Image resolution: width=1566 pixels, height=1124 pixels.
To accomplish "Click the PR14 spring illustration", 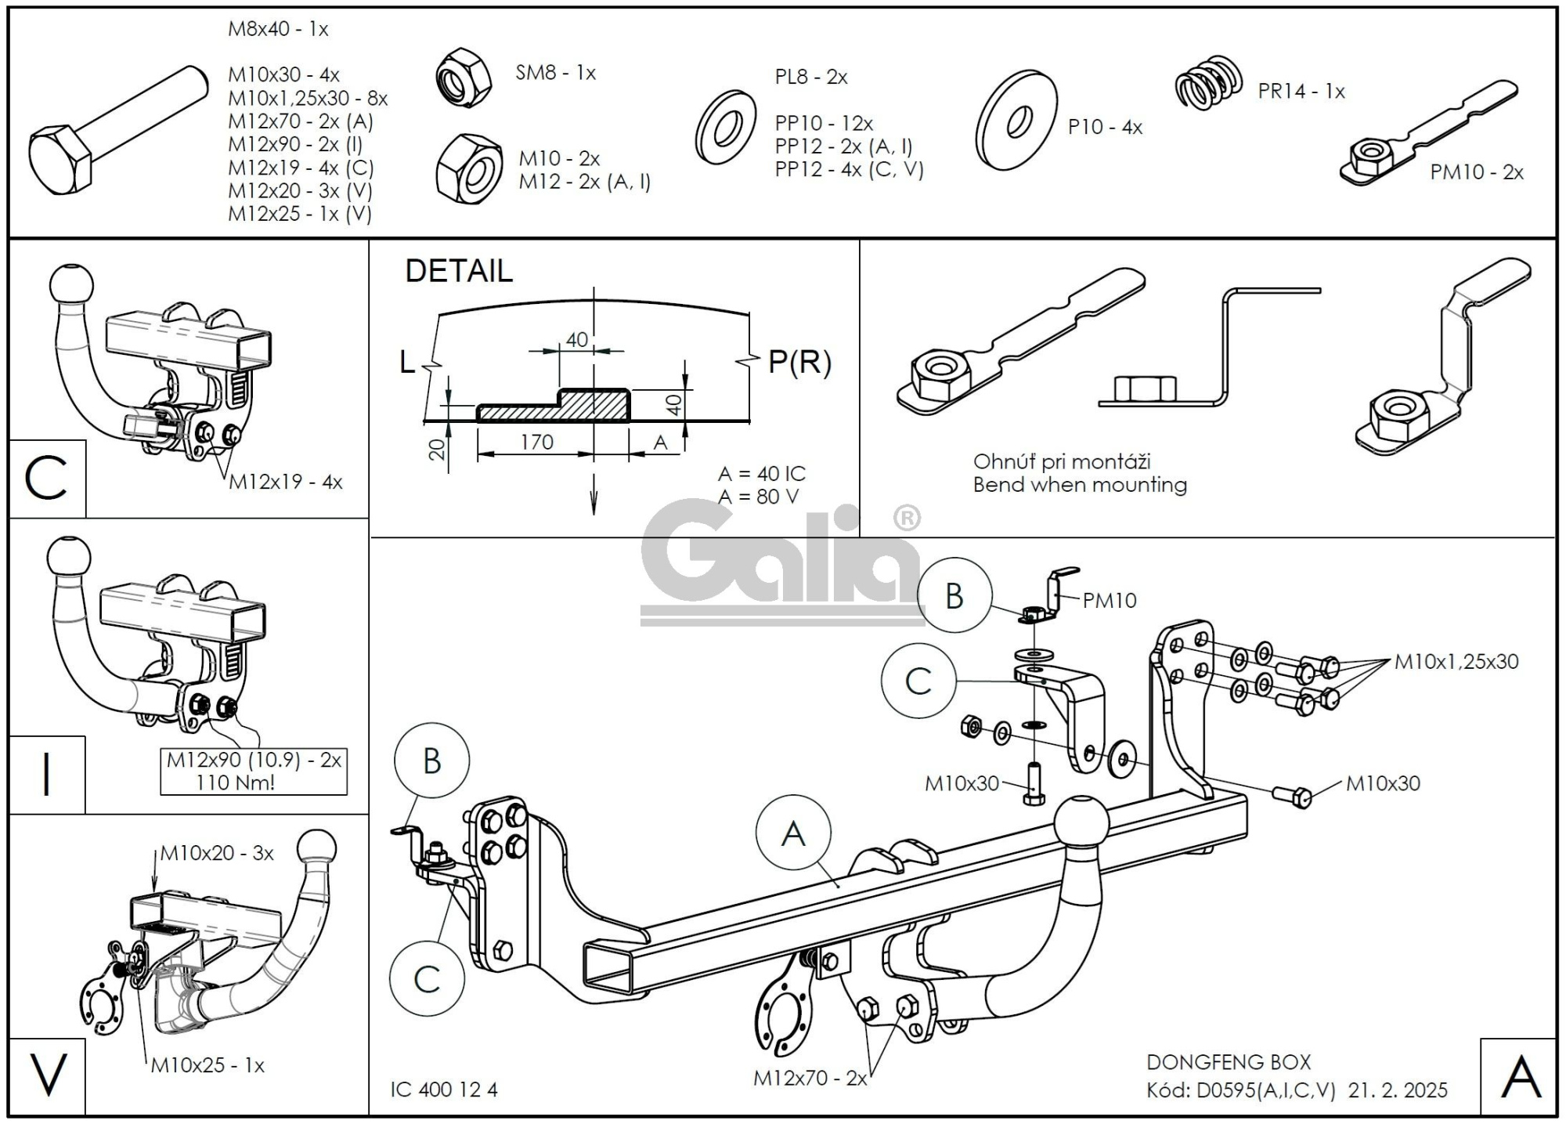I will (x=1209, y=82).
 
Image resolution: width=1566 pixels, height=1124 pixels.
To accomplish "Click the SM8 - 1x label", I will (x=555, y=73).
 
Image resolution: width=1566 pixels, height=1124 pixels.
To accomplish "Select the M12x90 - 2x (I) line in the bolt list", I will (x=295, y=144).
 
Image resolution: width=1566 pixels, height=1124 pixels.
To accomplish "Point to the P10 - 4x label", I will (x=1105, y=127).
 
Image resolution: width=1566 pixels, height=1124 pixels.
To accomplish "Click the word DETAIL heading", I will (x=459, y=271).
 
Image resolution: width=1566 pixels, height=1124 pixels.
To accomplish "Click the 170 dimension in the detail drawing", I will (x=536, y=443).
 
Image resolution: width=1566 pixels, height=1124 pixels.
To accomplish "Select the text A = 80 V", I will (x=758, y=497).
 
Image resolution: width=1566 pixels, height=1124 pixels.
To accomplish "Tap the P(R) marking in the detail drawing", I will (x=799, y=362).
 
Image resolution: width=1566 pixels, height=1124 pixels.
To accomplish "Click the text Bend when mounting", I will (x=1080, y=485).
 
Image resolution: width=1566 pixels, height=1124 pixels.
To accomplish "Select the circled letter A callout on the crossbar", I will (x=793, y=833).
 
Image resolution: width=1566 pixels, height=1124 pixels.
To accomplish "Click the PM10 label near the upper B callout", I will (x=1109, y=601).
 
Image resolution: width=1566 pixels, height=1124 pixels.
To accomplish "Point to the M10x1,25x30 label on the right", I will (x=1456, y=662).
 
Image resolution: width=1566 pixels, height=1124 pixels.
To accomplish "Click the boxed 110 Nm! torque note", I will (x=235, y=782).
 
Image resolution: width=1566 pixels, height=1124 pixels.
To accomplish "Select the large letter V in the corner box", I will (x=48, y=1075).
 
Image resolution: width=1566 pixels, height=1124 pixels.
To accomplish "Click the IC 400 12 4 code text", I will (x=443, y=1090).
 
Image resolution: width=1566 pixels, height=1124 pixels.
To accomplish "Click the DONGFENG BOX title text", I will (x=1228, y=1062).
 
